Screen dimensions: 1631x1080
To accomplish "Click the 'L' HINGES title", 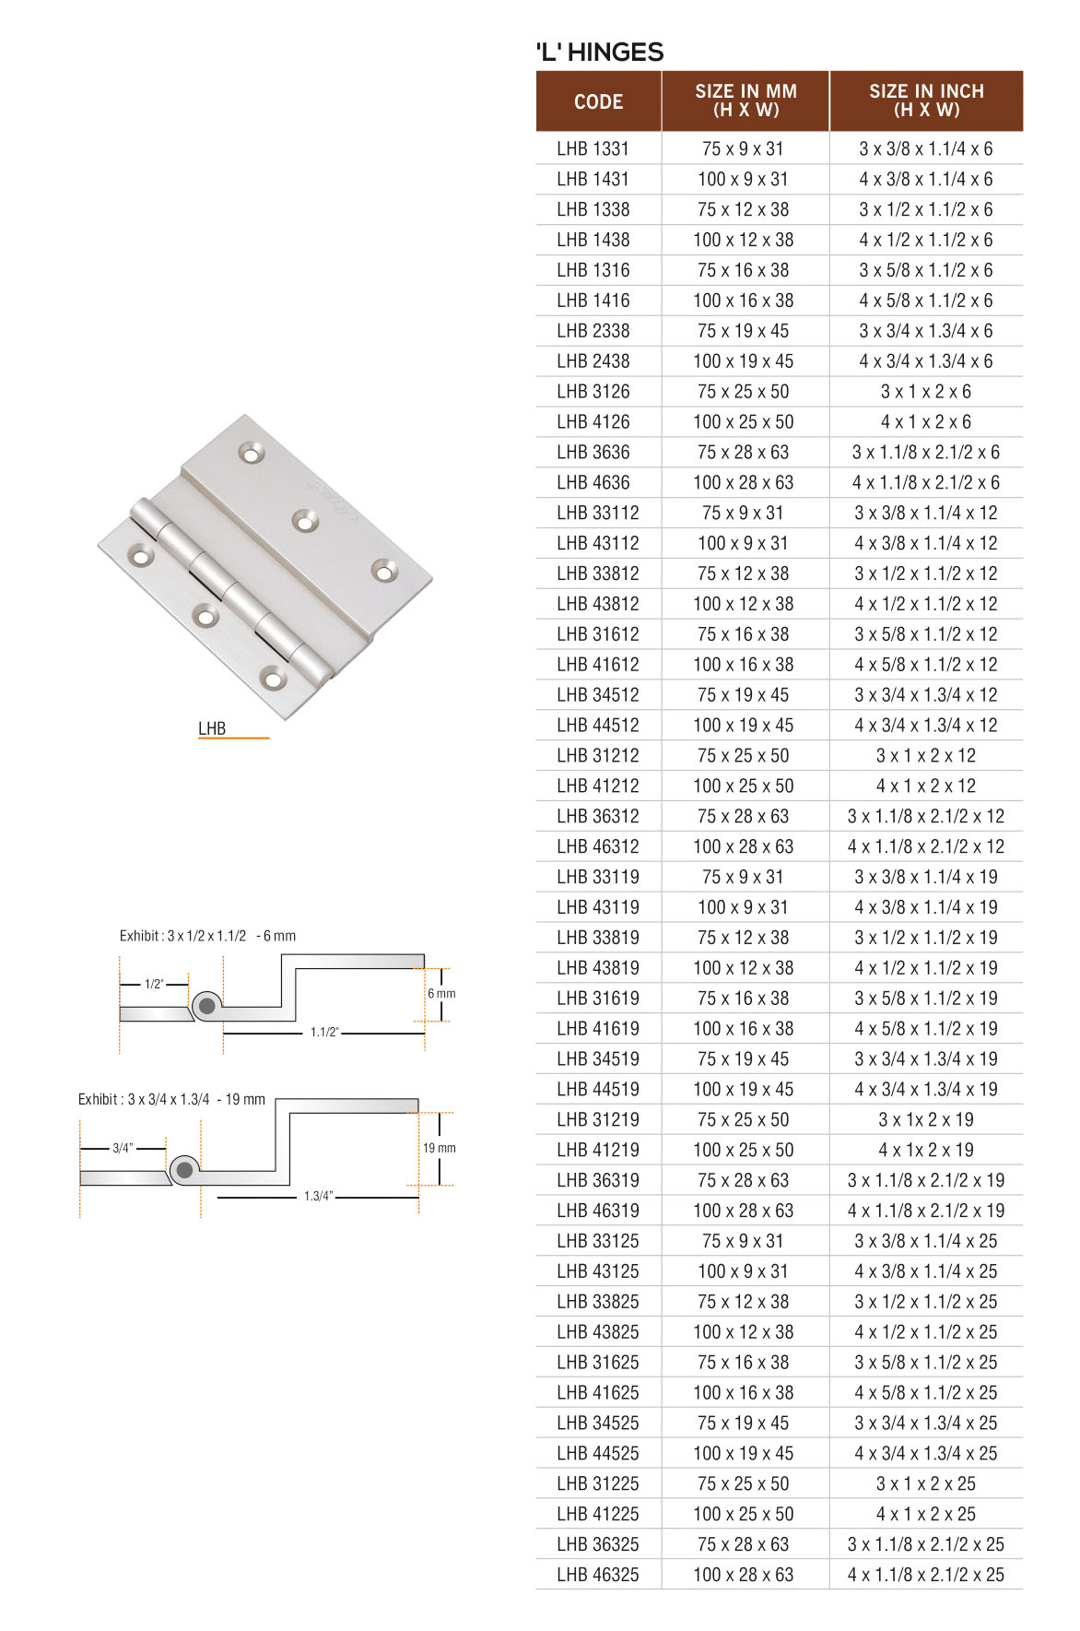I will pyautogui.click(x=600, y=53).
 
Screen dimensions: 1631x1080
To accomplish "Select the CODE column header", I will pyautogui.click(x=598, y=101).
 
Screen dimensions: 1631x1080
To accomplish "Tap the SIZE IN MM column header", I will pyautogui.click(x=745, y=100).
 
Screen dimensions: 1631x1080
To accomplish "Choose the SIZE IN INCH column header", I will pyautogui.click(x=926, y=100).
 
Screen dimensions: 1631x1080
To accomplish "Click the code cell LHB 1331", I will pyautogui.click(x=593, y=149).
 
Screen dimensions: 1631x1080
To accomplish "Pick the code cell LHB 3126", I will pyautogui.click(x=593, y=392).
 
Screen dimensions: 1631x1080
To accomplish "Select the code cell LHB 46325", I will pyautogui.click(x=597, y=1575).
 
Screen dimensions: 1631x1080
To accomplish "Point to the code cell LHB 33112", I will pyautogui.click(x=597, y=513).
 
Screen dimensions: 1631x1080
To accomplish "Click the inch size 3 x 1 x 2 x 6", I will pyautogui.click(x=925, y=392).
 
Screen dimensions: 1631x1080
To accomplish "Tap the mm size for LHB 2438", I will pyautogui.click(x=743, y=361).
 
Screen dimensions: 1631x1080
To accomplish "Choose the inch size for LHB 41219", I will pyautogui.click(x=925, y=1150).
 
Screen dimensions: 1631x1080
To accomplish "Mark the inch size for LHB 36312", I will pyautogui.click(x=925, y=816).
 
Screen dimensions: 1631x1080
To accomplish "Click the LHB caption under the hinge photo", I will pyautogui.click(x=212, y=728).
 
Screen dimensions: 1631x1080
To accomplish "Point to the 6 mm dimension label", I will pyautogui.click(x=441, y=994).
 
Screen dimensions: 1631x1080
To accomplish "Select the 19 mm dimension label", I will pyautogui.click(x=440, y=1148).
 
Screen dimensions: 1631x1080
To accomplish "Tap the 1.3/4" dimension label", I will pyautogui.click(x=318, y=1197).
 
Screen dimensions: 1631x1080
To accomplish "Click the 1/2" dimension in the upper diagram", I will pyautogui.click(x=154, y=985).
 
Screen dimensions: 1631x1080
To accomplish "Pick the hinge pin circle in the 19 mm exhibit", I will pyautogui.click(x=184, y=1170).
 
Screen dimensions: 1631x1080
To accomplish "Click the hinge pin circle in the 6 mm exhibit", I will pyautogui.click(x=207, y=1006).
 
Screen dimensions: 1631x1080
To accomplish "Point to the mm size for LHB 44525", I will pyautogui.click(x=743, y=1453).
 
